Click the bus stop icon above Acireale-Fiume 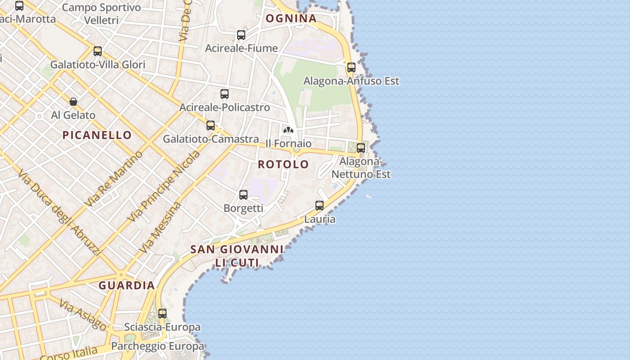coord(241,35)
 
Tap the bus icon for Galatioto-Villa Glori coord(98,51)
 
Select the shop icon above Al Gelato coord(73,102)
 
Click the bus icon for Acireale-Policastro coord(225,94)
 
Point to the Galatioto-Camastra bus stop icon coord(211,126)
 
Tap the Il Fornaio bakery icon coord(288,130)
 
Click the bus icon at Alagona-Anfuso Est coord(351,67)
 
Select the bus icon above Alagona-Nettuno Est coord(361,148)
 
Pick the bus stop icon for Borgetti coord(243,195)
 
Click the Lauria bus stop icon coord(319,206)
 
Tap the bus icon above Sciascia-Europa coord(162,313)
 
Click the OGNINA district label coord(291,18)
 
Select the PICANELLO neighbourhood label coord(97,135)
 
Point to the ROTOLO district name coord(283,164)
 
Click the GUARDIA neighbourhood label coord(127,285)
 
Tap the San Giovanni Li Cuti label coord(237,256)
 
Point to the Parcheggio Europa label coord(157,346)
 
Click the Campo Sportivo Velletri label coord(101,13)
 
